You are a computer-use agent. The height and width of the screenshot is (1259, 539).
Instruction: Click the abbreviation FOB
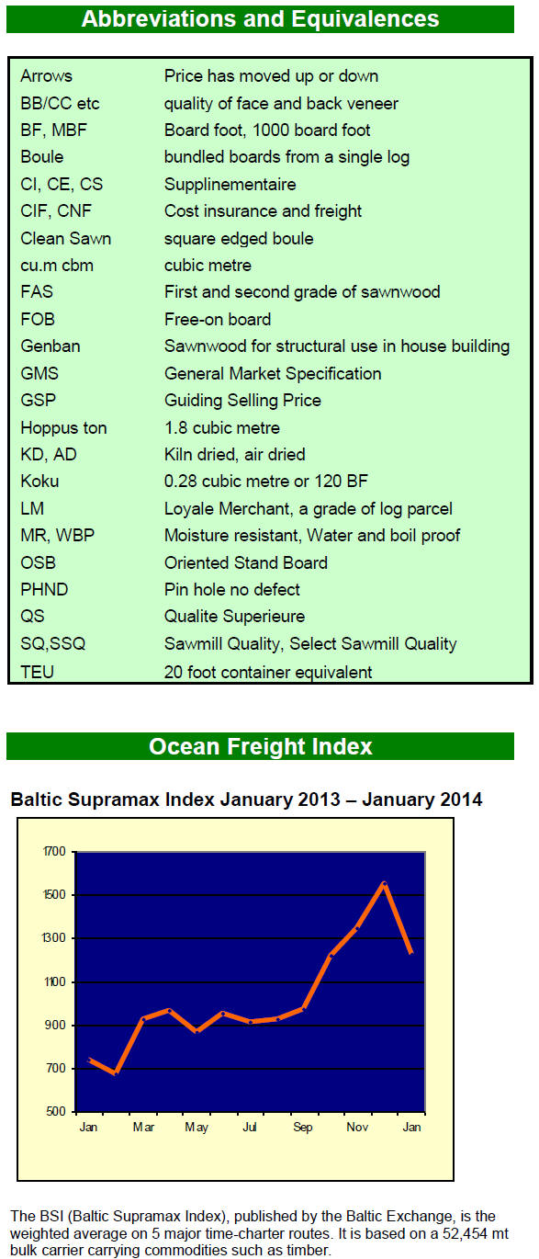[38, 319]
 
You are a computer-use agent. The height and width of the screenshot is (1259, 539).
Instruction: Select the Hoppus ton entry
[63, 427]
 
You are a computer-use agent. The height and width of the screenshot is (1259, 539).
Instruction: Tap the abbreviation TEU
[37, 672]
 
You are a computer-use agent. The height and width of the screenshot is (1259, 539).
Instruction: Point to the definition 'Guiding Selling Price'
[242, 401]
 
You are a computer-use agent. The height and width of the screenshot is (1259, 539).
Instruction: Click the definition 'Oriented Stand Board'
[246, 562]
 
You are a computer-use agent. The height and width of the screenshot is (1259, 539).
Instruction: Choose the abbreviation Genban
[51, 346]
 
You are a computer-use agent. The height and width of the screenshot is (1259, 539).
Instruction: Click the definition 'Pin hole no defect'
[232, 590]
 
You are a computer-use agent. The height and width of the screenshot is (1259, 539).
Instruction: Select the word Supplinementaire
[230, 185]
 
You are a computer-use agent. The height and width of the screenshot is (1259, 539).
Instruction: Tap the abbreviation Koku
[39, 482]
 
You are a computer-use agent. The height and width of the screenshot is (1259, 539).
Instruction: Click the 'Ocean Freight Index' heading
[261, 746]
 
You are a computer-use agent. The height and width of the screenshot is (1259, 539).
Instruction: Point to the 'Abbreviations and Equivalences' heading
[261, 19]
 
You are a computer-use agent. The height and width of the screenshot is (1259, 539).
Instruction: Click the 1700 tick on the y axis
[54, 852]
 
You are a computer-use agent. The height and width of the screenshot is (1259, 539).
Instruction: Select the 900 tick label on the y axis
[56, 1025]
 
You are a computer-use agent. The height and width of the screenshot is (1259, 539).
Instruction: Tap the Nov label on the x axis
[357, 1127]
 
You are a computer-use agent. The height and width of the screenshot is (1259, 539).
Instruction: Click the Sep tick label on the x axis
[303, 1127]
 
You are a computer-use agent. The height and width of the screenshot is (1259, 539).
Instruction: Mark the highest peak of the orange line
[384, 883]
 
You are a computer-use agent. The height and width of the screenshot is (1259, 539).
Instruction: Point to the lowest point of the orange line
[116, 1073]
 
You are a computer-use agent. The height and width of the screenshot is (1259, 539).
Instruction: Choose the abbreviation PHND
[44, 590]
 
